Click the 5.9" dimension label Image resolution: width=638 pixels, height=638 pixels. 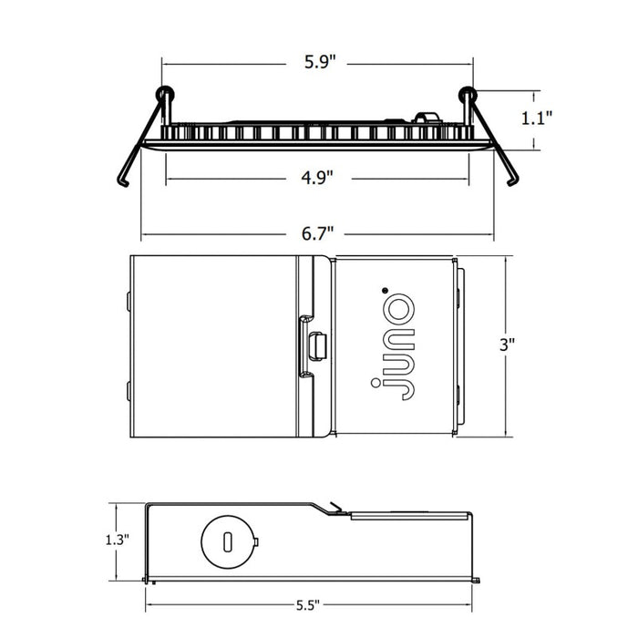coord(320,62)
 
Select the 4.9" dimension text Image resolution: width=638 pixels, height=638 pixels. coord(317,178)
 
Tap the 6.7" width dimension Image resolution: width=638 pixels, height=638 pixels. coord(317,233)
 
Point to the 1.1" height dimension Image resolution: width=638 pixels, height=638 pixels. coord(537,118)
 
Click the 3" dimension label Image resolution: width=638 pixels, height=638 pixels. coord(507,345)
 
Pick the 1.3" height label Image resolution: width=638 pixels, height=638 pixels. coord(118,540)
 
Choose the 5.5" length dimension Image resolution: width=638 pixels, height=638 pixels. coord(308,605)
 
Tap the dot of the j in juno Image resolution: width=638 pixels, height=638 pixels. coord(376,383)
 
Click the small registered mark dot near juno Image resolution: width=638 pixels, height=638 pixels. coord(385,290)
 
